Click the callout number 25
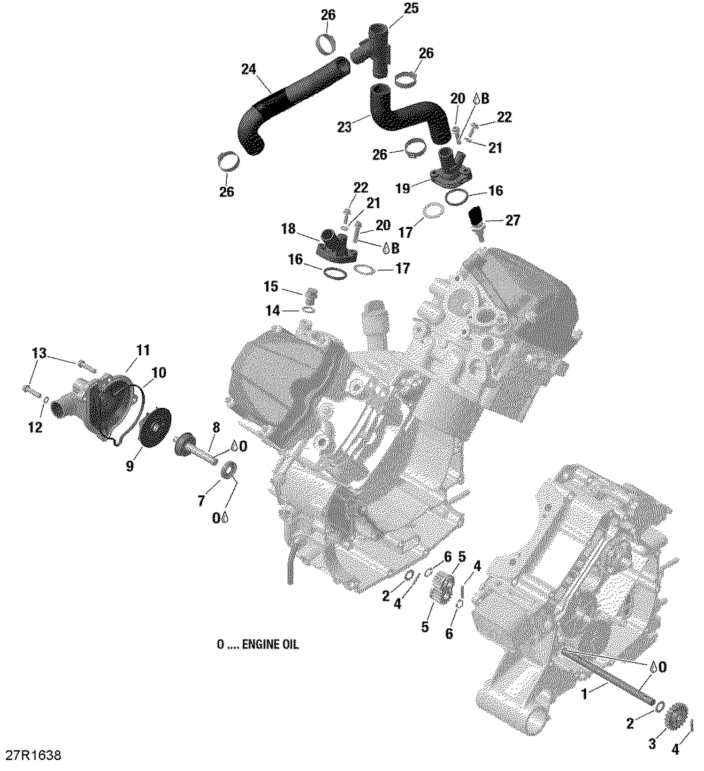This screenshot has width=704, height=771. click(x=411, y=8)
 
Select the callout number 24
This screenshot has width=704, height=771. click(x=249, y=70)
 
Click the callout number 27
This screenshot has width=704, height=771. click(x=513, y=220)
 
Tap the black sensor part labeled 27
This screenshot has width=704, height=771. click(x=476, y=216)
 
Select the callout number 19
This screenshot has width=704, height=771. click(x=403, y=189)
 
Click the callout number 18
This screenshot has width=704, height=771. click(x=288, y=229)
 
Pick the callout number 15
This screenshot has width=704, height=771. click(x=271, y=287)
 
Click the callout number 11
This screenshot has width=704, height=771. click(x=143, y=350)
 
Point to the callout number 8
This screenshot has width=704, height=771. click(x=216, y=428)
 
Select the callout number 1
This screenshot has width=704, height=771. click(x=584, y=694)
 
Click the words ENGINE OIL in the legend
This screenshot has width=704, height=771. click(x=270, y=645)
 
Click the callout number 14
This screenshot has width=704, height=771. click(x=273, y=311)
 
